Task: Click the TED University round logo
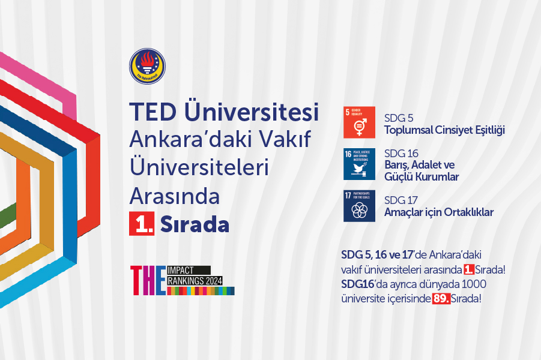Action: coord(147,66)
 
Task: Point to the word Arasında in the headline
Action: coord(175,196)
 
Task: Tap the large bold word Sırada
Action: coord(195,224)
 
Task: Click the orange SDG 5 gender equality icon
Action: coord(359,122)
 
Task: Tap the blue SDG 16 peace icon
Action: coord(359,164)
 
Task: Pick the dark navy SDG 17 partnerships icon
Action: coord(359,206)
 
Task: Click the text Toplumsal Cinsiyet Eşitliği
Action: coord(444,130)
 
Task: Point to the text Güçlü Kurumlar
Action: coord(422,177)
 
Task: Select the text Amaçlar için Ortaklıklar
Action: coord(438,212)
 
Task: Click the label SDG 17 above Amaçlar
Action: coord(400,200)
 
